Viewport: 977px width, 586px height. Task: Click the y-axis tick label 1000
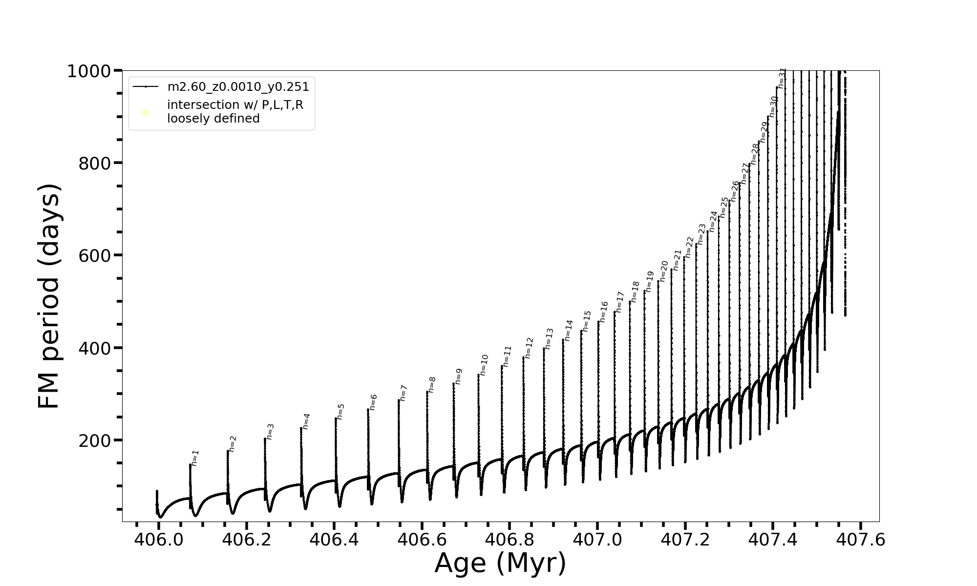tap(90, 72)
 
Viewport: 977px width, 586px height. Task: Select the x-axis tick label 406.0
tap(159, 540)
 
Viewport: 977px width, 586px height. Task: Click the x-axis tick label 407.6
tap(861, 540)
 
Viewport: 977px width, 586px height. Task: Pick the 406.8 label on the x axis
tap(510, 540)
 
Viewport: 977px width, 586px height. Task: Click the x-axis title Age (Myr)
tap(500, 563)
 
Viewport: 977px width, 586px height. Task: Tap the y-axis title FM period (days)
tap(49, 296)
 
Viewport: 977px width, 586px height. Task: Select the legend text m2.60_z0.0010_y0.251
tap(238, 87)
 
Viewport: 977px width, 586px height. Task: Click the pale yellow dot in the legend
tap(146, 113)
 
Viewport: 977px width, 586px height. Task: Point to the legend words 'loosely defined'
tap(213, 119)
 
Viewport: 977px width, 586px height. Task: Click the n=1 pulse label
tap(195, 458)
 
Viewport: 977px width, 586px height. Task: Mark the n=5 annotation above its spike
tap(341, 412)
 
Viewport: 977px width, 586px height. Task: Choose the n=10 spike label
tap(484, 365)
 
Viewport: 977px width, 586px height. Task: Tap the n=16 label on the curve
tap(604, 312)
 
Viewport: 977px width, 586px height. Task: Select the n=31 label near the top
tap(782, 78)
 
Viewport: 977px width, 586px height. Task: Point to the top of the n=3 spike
tap(265, 439)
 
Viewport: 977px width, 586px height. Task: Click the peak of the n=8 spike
tap(427, 392)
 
